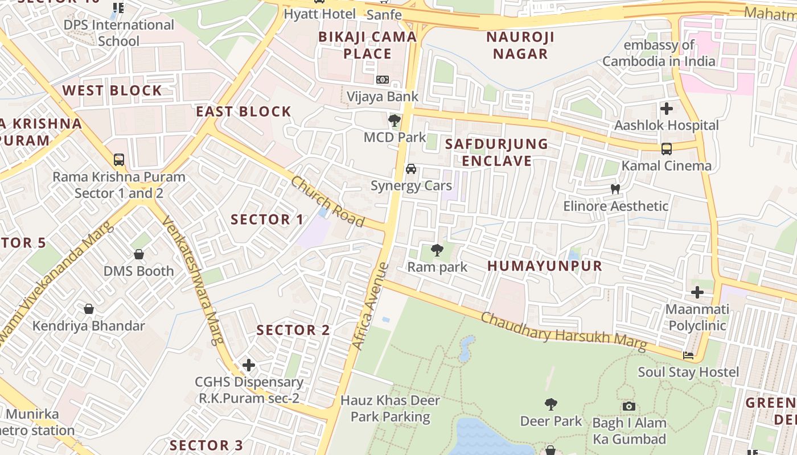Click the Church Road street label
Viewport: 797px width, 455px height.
(x=327, y=201)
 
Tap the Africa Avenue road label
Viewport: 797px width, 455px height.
(x=369, y=305)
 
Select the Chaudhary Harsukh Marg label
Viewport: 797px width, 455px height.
(x=564, y=331)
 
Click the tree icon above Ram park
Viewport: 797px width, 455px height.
(x=437, y=250)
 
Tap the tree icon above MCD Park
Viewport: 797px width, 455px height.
(x=394, y=120)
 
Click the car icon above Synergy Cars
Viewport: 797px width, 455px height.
(x=410, y=169)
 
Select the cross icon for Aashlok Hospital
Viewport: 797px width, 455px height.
(x=667, y=108)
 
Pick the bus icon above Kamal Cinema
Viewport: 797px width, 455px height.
(x=667, y=149)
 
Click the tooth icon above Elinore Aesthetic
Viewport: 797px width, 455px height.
(x=615, y=189)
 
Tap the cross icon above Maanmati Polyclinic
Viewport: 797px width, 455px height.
(x=697, y=292)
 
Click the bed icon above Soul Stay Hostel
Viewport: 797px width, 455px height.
(x=688, y=355)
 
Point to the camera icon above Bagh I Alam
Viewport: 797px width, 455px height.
(x=629, y=406)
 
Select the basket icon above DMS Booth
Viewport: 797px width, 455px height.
(x=138, y=254)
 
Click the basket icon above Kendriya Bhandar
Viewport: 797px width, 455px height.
(x=89, y=309)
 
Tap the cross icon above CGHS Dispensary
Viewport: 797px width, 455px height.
(x=248, y=365)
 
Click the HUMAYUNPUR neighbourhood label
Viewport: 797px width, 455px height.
(x=545, y=266)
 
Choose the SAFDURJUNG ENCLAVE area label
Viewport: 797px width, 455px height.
(x=496, y=152)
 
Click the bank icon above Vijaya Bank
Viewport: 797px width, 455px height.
(x=383, y=80)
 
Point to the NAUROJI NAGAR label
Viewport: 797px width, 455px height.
(x=520, y=45)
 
